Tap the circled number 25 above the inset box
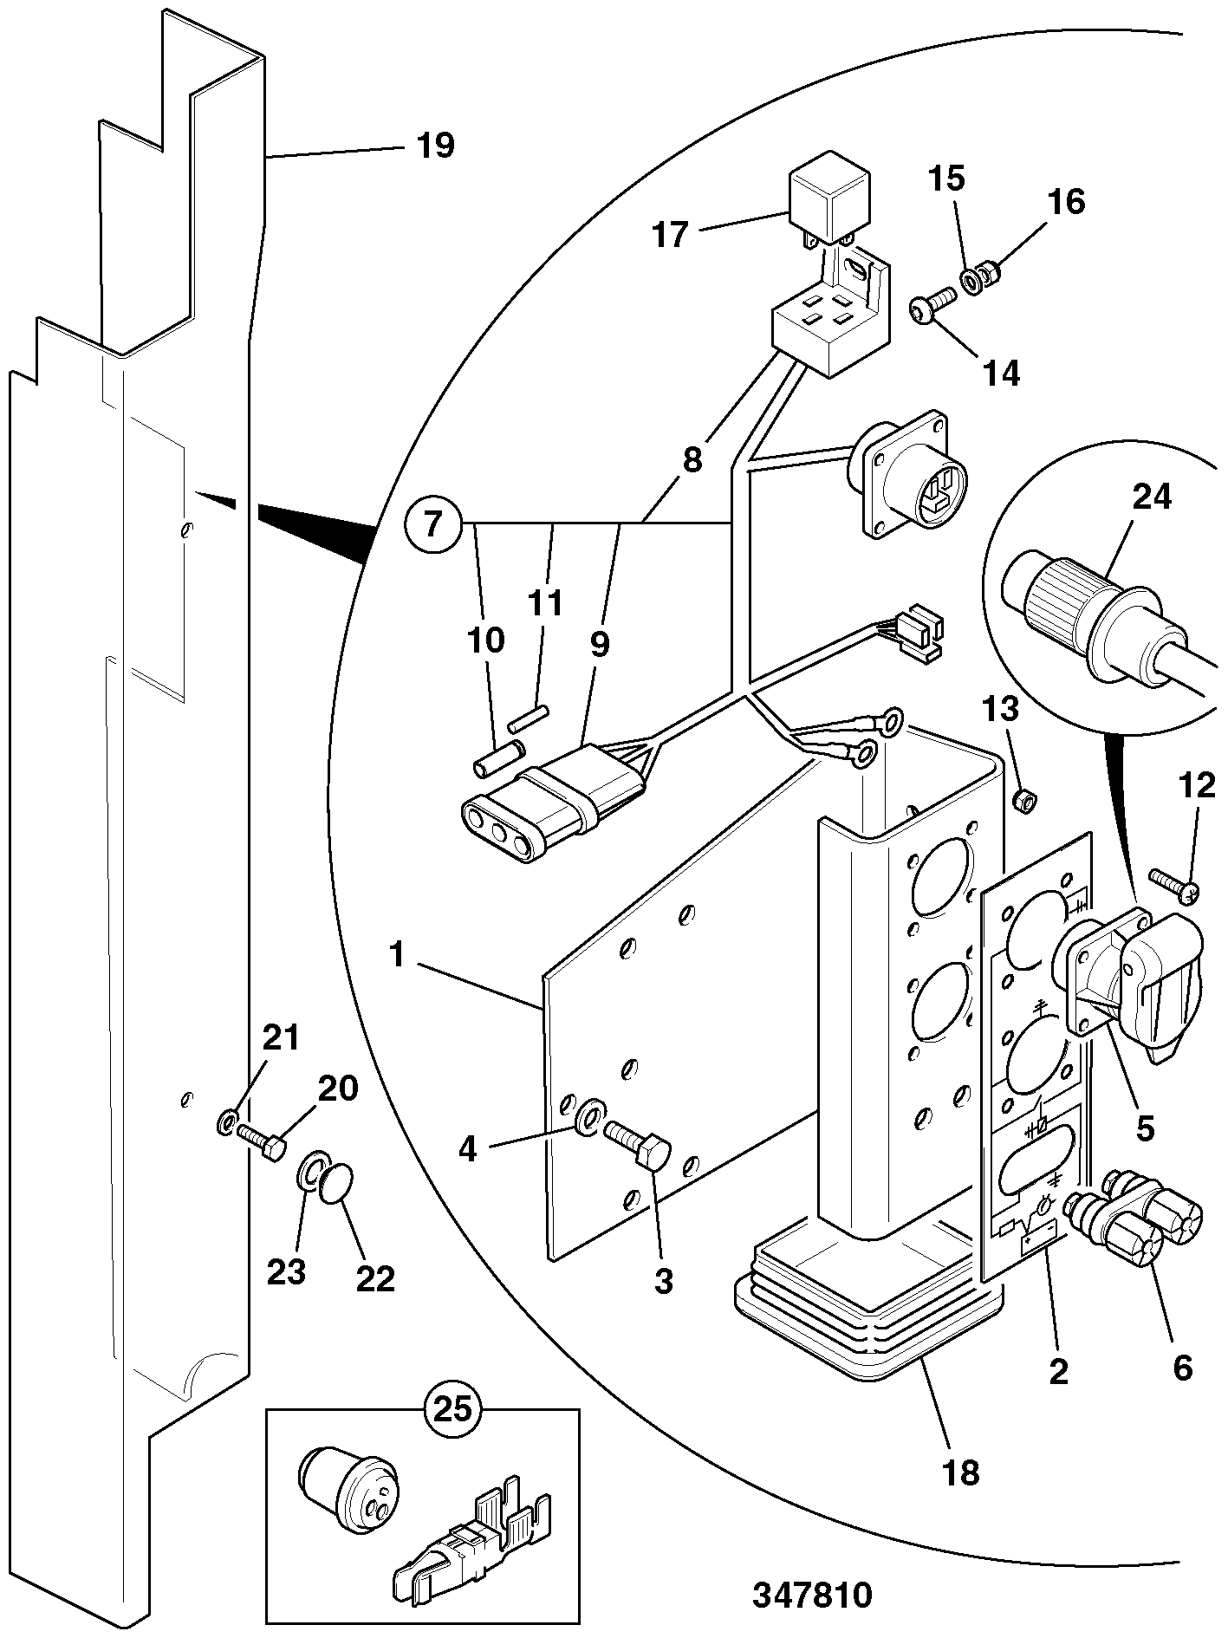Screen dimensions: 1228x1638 click(452, 1407)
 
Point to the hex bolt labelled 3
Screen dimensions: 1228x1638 click(638, 1143)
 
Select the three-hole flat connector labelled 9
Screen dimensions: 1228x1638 click(551, 802)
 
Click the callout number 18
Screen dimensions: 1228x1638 click(961, 1471)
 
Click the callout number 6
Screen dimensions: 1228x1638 click(1183, 1367)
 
